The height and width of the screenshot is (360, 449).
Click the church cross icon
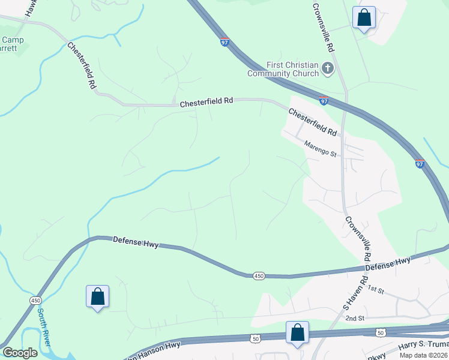[328, 68]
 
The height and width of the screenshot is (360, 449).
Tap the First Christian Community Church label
[285, 70]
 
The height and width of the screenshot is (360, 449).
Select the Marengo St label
[321, 149]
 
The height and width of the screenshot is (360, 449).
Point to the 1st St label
[375, 290]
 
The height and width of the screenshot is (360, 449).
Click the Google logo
[20, 353]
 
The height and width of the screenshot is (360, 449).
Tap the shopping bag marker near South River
[97, 296]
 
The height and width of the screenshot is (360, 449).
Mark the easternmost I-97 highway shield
[419, 163]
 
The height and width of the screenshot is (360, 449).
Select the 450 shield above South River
[35, 300]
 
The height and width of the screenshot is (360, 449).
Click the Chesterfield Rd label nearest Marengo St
[312, 121]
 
